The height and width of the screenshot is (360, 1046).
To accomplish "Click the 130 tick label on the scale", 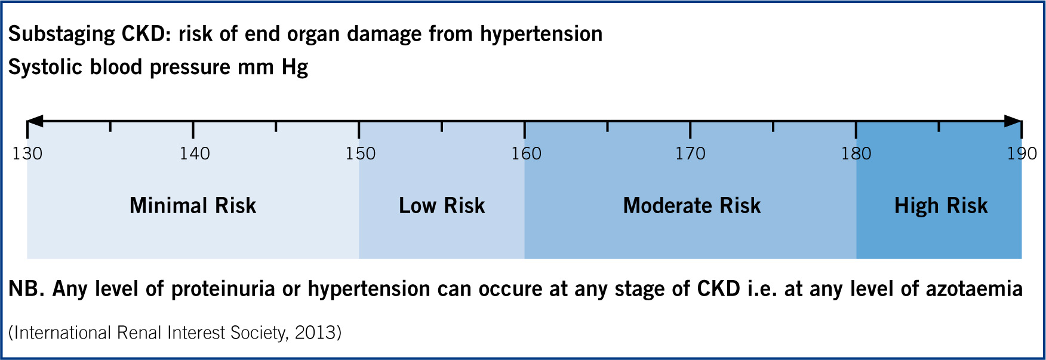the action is coord(27,154).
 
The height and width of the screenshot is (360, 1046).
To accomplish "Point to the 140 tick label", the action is coord(195,154).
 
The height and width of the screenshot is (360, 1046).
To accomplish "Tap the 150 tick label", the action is coord(361,154).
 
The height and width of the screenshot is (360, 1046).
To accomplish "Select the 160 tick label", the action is coord(526,154).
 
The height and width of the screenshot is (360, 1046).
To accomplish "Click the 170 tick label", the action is coord(690,154).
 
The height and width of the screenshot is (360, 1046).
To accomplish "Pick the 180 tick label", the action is coord(856,154).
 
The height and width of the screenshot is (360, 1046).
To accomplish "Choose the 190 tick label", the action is coord(1022,154).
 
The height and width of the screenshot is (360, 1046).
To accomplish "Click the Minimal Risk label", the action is coord(193,206).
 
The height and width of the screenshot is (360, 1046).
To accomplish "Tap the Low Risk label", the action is coord(442,206).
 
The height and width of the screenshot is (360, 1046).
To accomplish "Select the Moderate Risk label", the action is coord(692,206).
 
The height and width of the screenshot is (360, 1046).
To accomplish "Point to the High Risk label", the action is coord(941,207).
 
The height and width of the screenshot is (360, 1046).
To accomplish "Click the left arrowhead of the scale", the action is coord(35,121).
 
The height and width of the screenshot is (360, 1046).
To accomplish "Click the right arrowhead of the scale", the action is coord(1013,121).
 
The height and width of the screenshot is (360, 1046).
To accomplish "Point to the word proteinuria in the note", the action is coord(223,290).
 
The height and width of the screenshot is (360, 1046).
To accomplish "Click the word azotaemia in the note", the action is coord(974,289).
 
